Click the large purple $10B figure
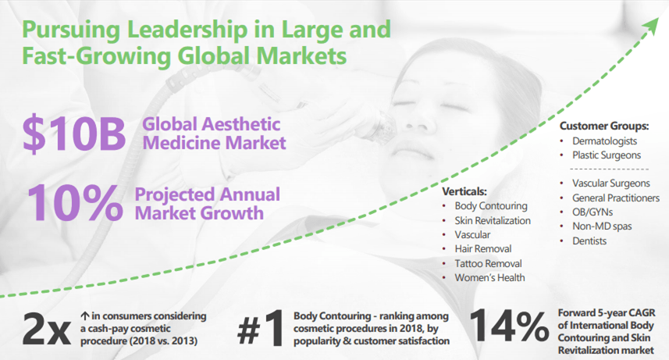tap(74, 134)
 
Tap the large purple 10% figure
tap(75, 203)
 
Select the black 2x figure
tap(47, 330)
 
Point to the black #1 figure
tap(261, 329)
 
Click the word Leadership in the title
tap(187, 30)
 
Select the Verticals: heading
tap(464, 191)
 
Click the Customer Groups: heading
tap(604, 126)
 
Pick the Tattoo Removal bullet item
tap(488, 263)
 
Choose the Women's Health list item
tap(489, 277)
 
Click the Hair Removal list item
tap(483, 248)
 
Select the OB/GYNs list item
tap(592, 212)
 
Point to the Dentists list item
tap(589, 241)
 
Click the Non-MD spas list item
tap(602, 226)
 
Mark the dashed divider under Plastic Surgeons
tap(609, 169)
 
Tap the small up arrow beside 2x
tap(84, 316)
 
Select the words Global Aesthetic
tap(212, 124)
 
